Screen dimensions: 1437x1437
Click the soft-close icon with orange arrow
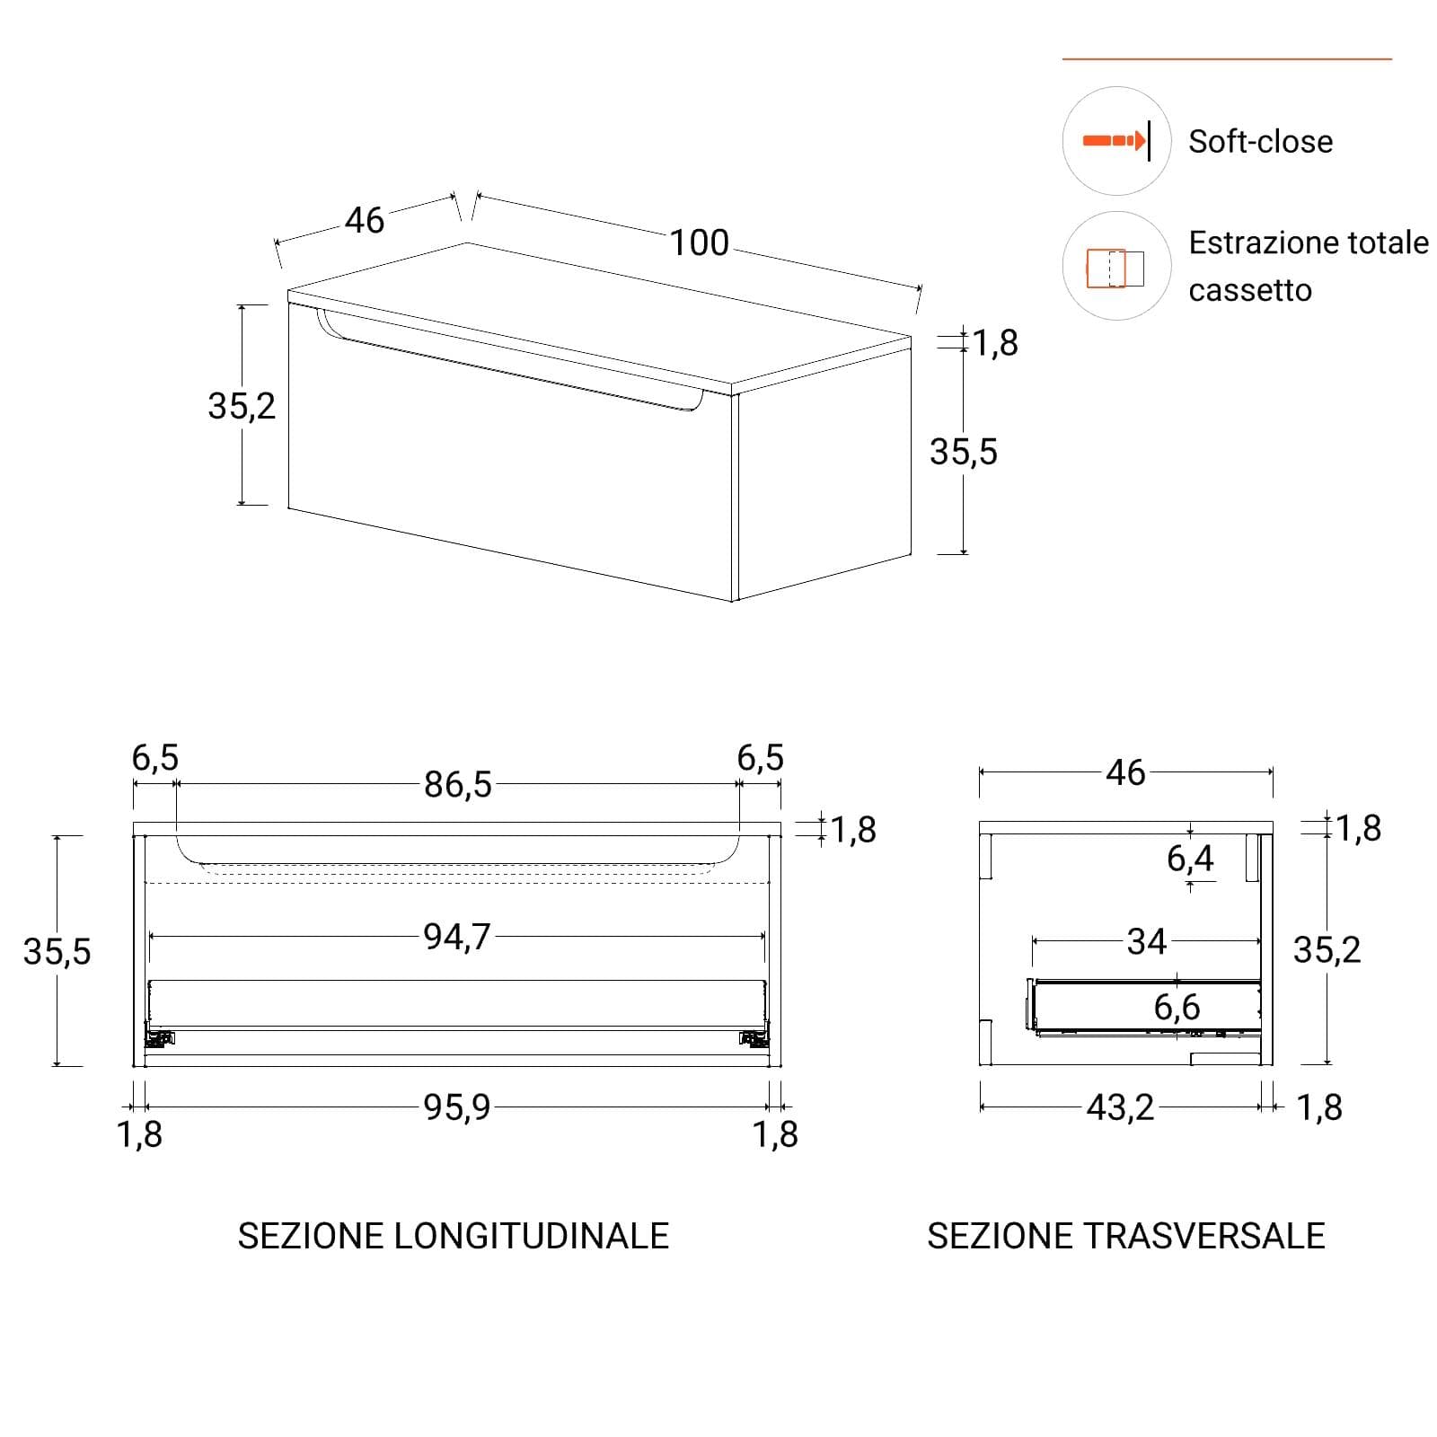1116,141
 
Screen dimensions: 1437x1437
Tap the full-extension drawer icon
1116,267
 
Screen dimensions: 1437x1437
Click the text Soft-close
1260,142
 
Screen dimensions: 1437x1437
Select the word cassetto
1250,291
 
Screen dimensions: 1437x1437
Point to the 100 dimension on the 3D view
700,242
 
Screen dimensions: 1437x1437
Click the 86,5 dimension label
458,785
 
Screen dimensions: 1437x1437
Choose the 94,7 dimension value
457,937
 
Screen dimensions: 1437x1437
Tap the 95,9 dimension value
457,1107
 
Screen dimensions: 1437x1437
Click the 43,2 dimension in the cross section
1120,1107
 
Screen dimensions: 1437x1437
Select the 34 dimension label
1147,941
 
